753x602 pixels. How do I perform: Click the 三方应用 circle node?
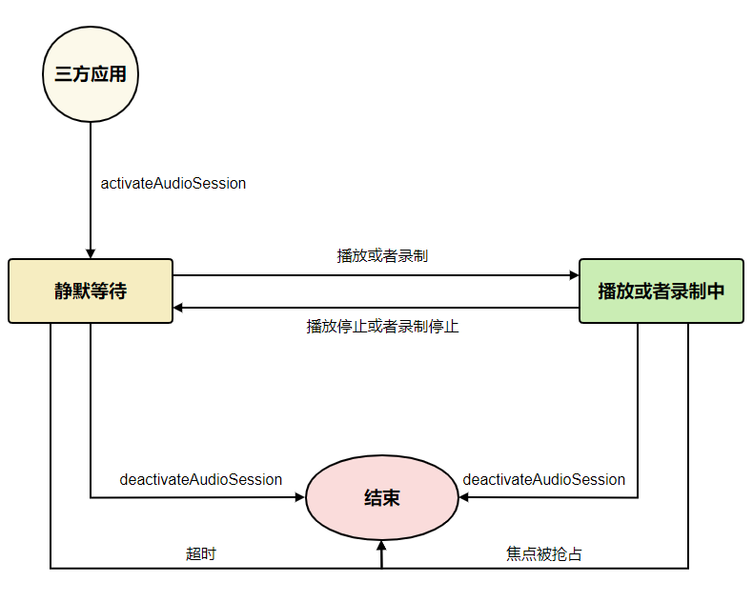tap(91, 74)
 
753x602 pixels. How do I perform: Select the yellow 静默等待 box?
tap(91, 291)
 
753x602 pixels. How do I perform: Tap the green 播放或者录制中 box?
tap(661, 291)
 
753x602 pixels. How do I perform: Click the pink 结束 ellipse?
tap(381, 496)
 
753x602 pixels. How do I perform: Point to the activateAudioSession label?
tap(173, 183)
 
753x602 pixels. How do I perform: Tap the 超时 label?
tap(200, 553)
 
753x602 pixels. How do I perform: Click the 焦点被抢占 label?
tap(544, 553)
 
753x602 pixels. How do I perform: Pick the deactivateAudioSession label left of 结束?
tap(200, 479)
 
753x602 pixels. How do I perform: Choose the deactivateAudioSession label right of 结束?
tap(543, 479)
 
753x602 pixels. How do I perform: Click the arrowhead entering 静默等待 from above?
tap(91, 252)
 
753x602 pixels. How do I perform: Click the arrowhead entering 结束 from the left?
tap(299, 497)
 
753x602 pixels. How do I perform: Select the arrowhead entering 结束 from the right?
tap(463, 497)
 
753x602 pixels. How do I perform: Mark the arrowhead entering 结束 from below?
tap(381, 546)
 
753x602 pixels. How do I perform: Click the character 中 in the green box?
tap(717, 291)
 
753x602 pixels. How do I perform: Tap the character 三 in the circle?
tap(63, 74)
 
